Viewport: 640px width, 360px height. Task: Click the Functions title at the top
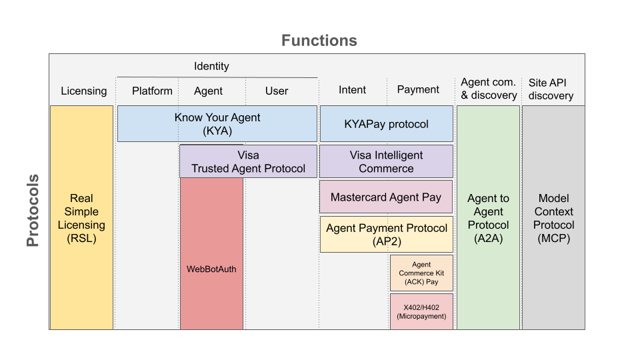point(319,41)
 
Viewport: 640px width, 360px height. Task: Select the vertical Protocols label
point(33,211)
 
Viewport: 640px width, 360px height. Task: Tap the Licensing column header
point(83,91)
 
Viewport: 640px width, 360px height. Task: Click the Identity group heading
point(211,66)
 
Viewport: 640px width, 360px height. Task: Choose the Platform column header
point(152,91)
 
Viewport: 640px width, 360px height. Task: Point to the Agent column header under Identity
point(208,91)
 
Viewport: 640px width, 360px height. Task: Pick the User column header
point(277,91)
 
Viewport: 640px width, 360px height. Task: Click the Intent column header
point(352,89)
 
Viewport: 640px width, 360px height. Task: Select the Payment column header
point(418,89)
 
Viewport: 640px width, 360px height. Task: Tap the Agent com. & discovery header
point(489,89)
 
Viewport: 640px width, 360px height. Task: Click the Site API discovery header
point(551,89)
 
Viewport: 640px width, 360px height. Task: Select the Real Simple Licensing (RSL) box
point(81,218)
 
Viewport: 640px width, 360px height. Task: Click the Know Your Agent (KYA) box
point(217,124)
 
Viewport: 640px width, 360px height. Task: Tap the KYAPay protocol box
point(387,124)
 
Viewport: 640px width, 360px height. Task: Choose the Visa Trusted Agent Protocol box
point(248,162)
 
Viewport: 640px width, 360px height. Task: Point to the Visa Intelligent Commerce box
point(386,162)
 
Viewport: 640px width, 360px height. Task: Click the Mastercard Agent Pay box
point(386,197)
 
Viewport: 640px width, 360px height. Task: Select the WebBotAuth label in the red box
point(211,269)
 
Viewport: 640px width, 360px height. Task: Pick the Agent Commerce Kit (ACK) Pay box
point(421,273)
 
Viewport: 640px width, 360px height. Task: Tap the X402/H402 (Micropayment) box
point(421,312)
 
